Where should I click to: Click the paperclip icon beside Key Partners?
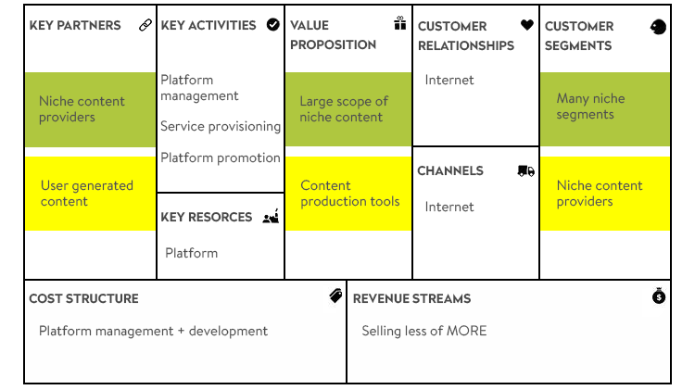click(145, 25)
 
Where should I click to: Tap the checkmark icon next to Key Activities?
click(273, 25)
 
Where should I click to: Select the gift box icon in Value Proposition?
click(400, 23)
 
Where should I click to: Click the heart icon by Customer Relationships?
click(527, 25)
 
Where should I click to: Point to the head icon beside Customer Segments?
click(658, 27)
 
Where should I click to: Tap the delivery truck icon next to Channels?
click(526, 170)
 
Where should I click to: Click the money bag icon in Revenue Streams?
click(659, 296)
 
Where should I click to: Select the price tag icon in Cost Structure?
click(335, 296)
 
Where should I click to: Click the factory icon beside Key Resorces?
click(271, 216)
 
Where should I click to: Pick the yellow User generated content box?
click(91, 194)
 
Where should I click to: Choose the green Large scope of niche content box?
click(348, 109)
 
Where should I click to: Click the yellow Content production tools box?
click(348, 194)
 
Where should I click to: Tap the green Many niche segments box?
click(605, 109)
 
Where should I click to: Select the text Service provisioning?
click(221, 127)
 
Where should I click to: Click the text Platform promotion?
click(221, 157)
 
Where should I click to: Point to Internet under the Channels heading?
click(449, 207)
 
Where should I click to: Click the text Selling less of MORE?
click(424, 331)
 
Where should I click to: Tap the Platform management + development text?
click(153, 331)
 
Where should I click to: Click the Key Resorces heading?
click(206, 217)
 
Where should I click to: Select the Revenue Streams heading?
click(411, 298)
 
